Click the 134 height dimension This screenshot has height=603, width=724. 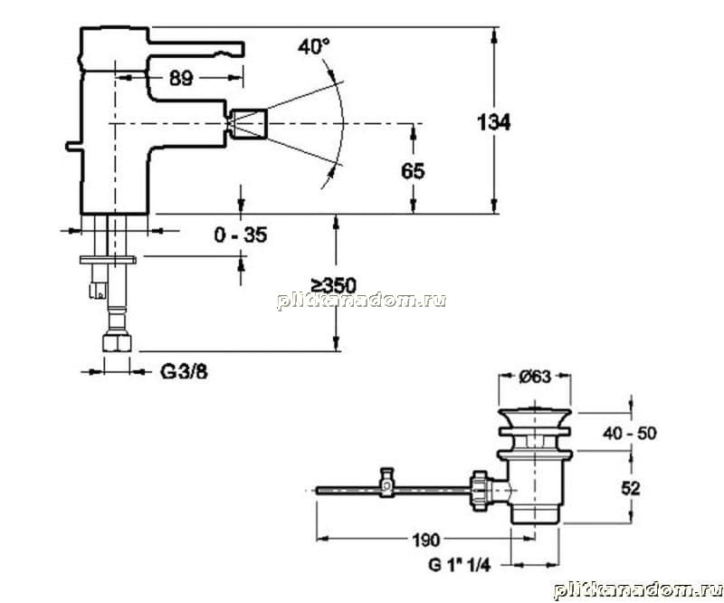coord(493,123)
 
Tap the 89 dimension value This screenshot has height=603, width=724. coord(180,79)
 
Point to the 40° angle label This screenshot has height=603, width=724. coord(313,47)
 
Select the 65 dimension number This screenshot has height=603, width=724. coord(413,171)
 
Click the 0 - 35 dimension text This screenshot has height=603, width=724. coord(241,235)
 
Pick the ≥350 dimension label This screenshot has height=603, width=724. coord(333,285)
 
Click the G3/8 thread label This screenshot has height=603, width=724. coord(184,371)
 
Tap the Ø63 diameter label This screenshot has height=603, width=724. coord(535,377)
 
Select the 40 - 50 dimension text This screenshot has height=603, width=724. coord(629,434)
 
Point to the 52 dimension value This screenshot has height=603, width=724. coord(630,488)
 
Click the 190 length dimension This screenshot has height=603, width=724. coord(425,540)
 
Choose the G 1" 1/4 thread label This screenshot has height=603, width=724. coord(459,565)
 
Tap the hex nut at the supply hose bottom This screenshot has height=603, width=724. coord(117,343)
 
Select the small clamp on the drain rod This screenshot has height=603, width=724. coord(387,483)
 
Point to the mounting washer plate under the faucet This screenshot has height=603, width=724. coord(108,260)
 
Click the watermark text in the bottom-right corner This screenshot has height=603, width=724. coord(638,590)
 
